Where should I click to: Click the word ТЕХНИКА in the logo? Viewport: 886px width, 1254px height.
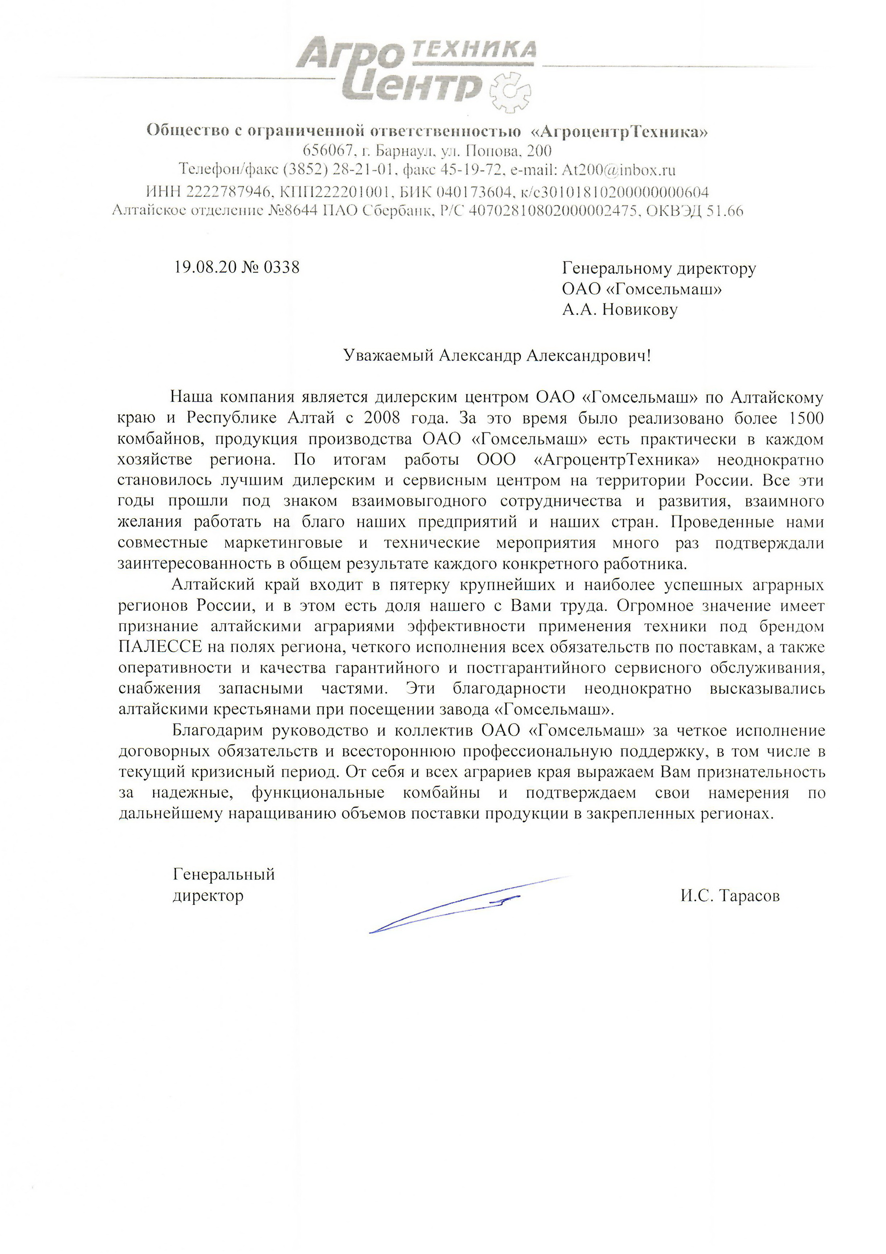[473, 50]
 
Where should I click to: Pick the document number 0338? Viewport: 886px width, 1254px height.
[281, 267]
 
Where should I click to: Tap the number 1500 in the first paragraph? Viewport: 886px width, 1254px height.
[806, 418]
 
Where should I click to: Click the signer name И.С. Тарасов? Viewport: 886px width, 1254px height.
[730, 896]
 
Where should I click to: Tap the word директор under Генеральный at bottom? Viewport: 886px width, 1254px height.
[208, 896]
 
